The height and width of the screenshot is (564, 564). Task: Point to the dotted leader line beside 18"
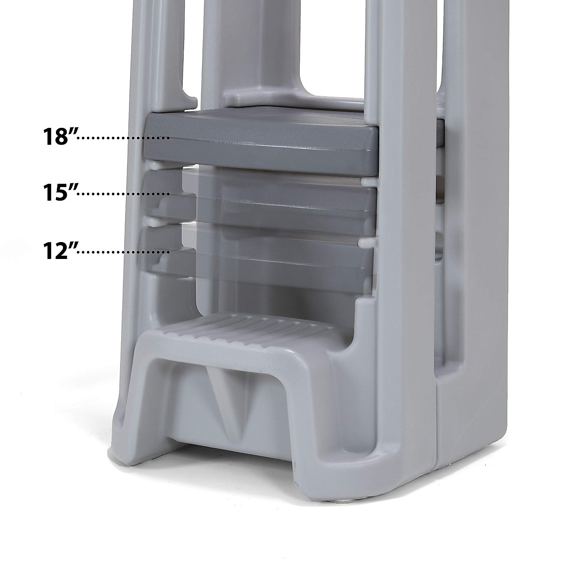click(123, 138)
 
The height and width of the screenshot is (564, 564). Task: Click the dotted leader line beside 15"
click(123, 194)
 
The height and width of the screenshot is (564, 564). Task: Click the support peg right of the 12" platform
click(367, 243)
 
